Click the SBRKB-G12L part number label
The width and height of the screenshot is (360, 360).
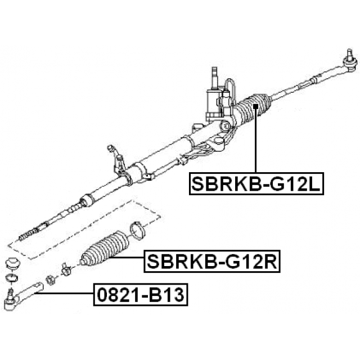click(256, 183)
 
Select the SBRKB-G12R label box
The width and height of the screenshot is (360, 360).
click(212, 262)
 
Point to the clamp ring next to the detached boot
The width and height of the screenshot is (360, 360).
click(137, 230)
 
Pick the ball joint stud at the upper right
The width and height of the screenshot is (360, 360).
click(349, 56)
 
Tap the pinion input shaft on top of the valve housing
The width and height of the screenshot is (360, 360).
click(214, 74)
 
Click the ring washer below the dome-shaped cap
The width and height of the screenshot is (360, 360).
click(11, 277)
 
